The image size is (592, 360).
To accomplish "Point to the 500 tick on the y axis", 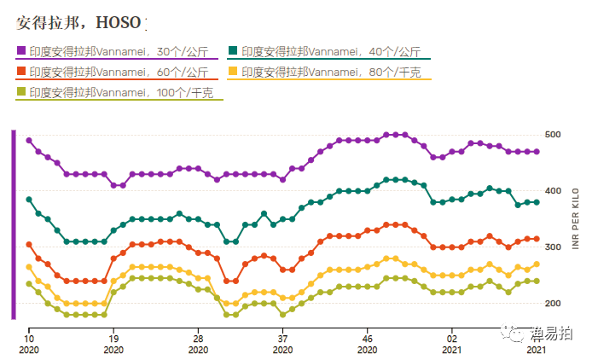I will (553, 135).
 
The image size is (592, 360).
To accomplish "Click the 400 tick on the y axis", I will (553, 191).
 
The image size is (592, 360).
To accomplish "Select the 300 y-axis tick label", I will (553, 247).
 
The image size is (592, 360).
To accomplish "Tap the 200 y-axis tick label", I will (553, 304).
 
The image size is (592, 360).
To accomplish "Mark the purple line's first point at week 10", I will (29, 140).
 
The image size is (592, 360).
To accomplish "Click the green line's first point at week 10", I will (29, 200).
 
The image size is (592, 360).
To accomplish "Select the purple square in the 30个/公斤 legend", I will (20, 51).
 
